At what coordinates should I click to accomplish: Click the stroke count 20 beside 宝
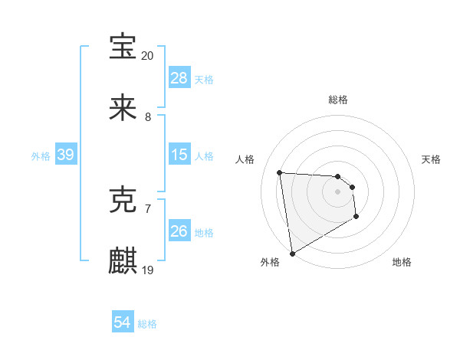(148, 56)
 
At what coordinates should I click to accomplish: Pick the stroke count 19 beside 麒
(148, 270)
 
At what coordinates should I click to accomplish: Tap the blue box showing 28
(179, 78)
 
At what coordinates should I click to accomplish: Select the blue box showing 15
(179, 155)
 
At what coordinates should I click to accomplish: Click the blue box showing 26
(179, 231)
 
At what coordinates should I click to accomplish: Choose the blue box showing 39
(65, 155)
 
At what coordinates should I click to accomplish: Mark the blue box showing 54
(122, 323)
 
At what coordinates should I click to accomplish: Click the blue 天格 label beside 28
(204, 79)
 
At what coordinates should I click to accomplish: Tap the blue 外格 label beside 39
(41, 155)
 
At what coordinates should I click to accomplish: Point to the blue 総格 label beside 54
(147, 324)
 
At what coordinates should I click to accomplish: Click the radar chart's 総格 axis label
(338, 100)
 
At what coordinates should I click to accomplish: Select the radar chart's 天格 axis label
(432, 159)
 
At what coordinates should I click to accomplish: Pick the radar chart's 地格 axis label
(402, 262)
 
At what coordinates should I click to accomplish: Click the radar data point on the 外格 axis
(291, 253)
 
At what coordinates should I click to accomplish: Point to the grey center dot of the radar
(338, 191)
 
